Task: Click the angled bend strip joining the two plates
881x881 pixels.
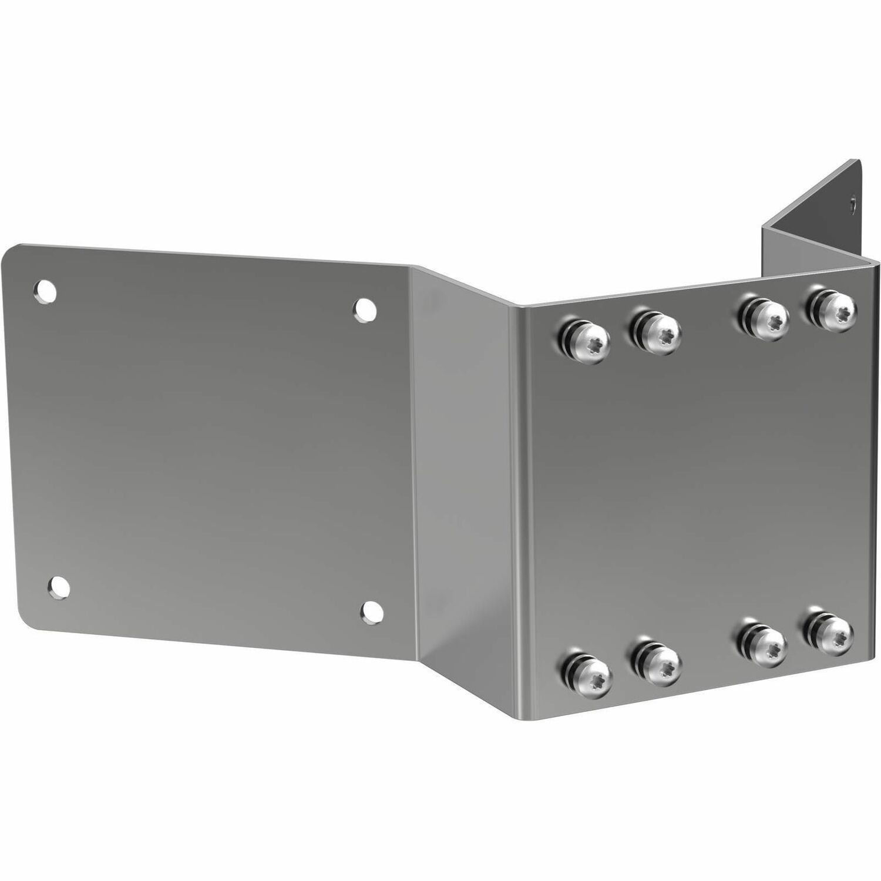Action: click(x=464, y=470)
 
